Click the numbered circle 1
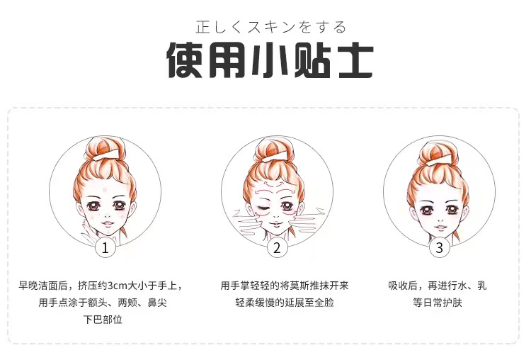click(105, 248)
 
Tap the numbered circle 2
click(277, 248)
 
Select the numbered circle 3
click(439, 248)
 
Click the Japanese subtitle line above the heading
click(271, 27)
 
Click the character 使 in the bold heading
click(185, 60)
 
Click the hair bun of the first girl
click(104, 149)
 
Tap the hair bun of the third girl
click(438, 149)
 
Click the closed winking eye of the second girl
click(263, 208)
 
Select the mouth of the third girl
click(440, 227)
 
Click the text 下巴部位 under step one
click(103, 320)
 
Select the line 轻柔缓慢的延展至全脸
click(285, 303)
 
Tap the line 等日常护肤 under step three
click(438, 303)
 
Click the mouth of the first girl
click(108, 223)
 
